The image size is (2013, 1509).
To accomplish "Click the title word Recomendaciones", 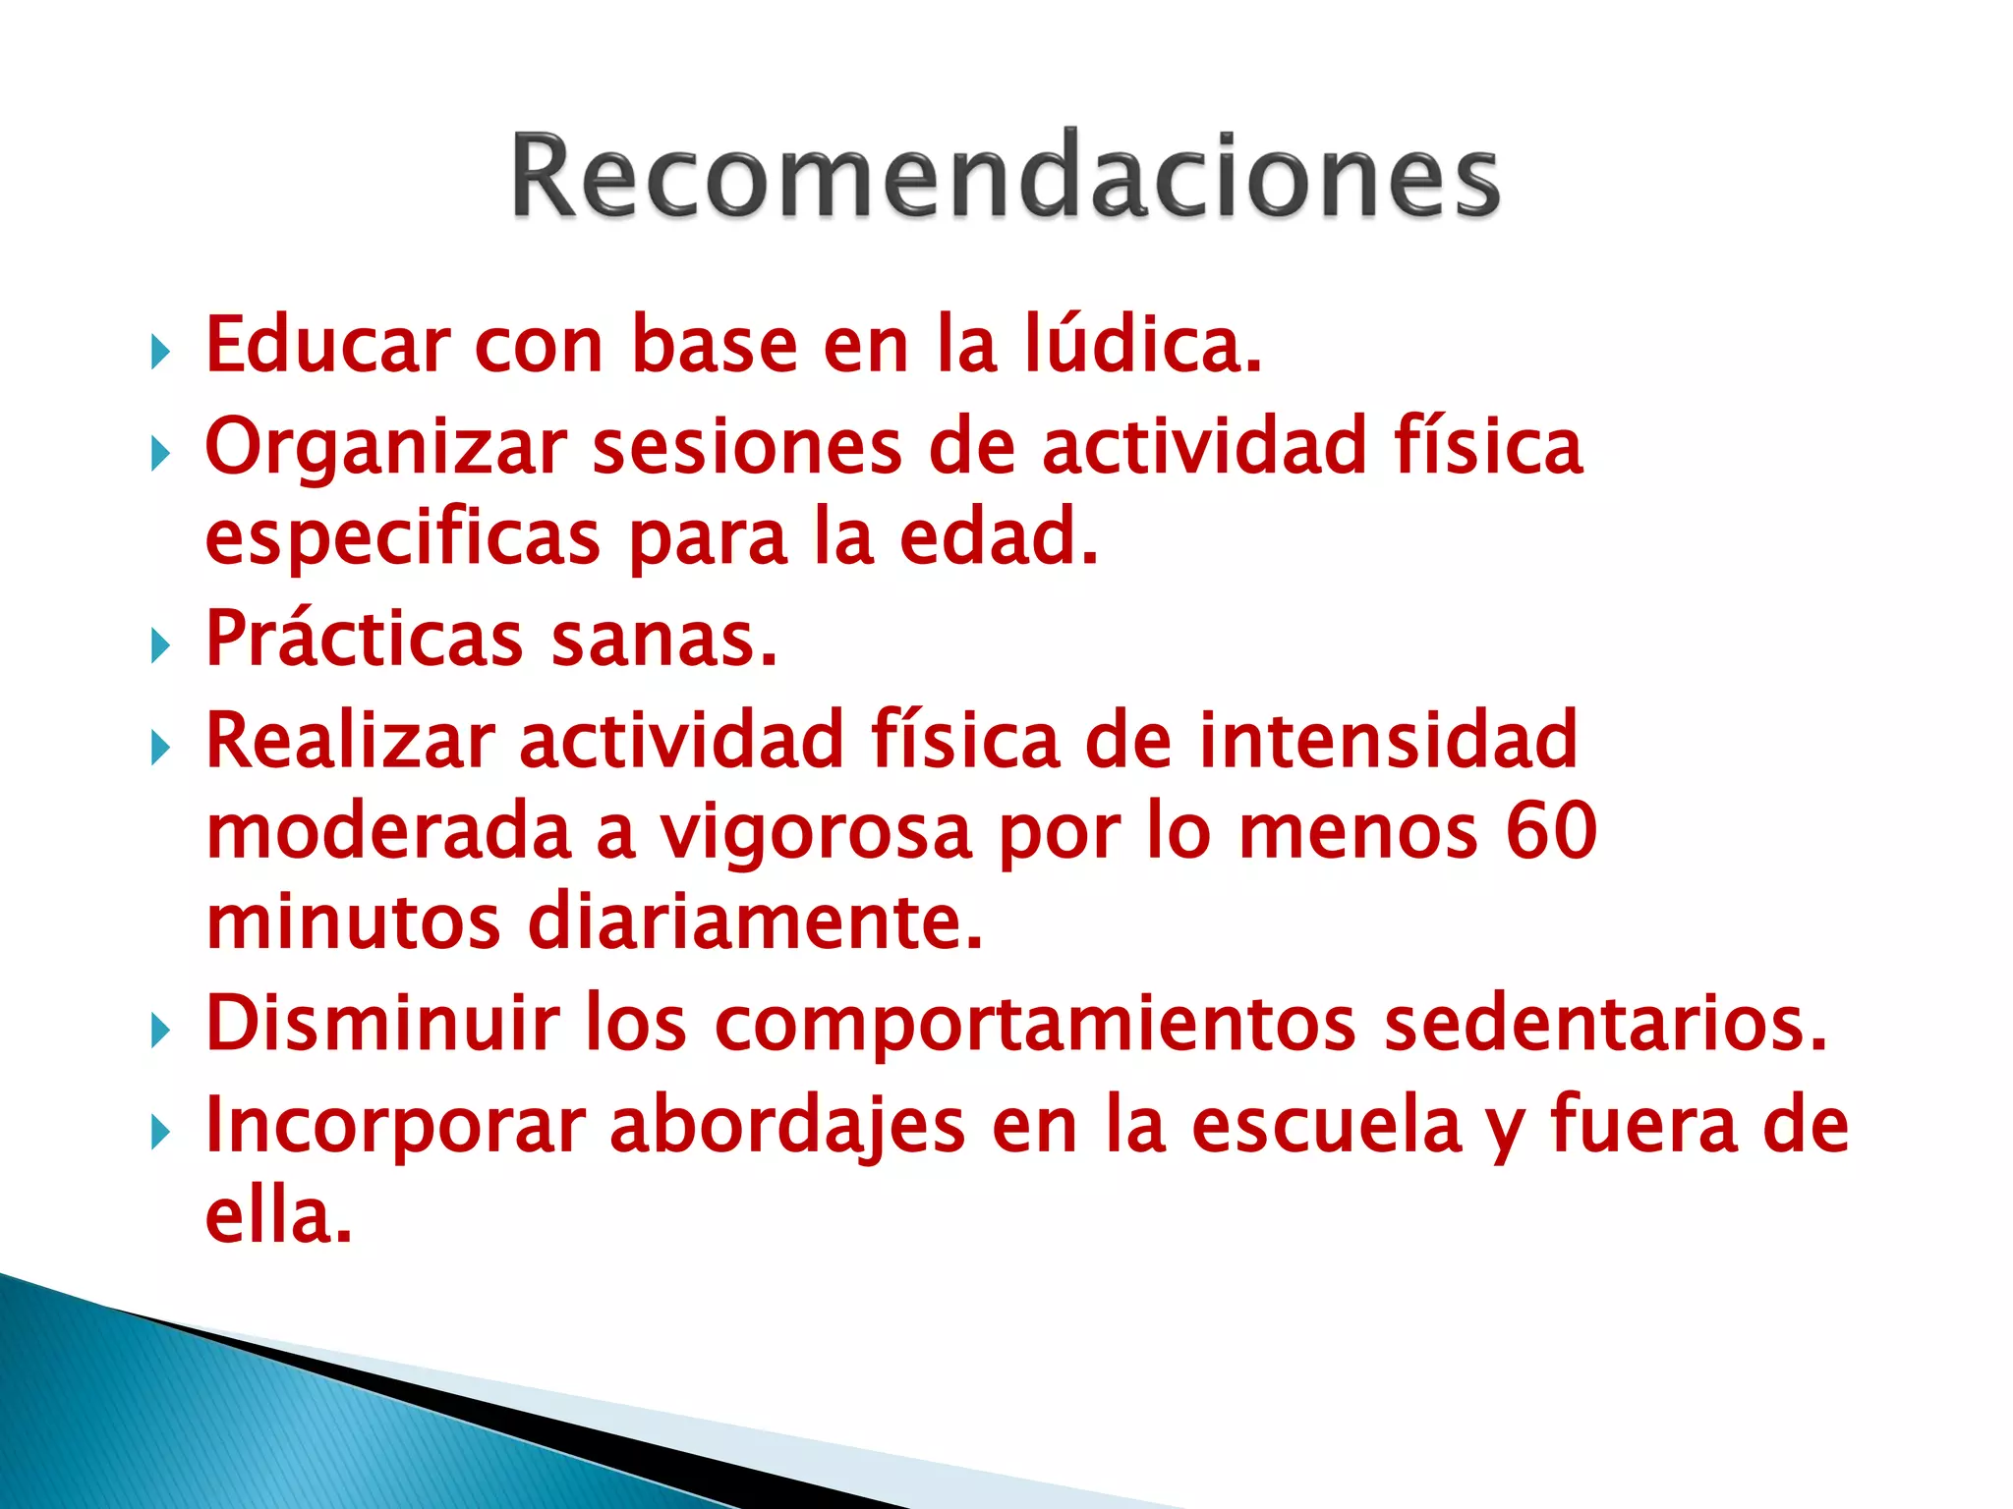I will click(x=1005, y=175).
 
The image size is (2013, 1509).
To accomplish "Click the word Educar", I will click(x=325, y=346).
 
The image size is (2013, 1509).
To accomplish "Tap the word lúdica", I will click(x=1142, y=346).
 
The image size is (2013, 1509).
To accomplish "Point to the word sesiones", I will click(x=747, y=447).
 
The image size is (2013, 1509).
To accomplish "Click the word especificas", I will click(x=402, y=539).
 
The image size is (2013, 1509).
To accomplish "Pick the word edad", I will click(x=999, y=537).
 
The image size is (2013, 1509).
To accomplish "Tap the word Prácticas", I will click(x=364, y=639).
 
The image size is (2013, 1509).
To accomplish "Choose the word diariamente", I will click(x=755, y=922).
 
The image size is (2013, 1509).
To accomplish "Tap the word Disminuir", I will click(x=382, y=1024).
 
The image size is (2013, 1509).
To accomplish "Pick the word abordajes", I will click(x=787, y=1127).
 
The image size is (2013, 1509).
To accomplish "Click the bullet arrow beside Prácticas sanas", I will click(x=160, y=646).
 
